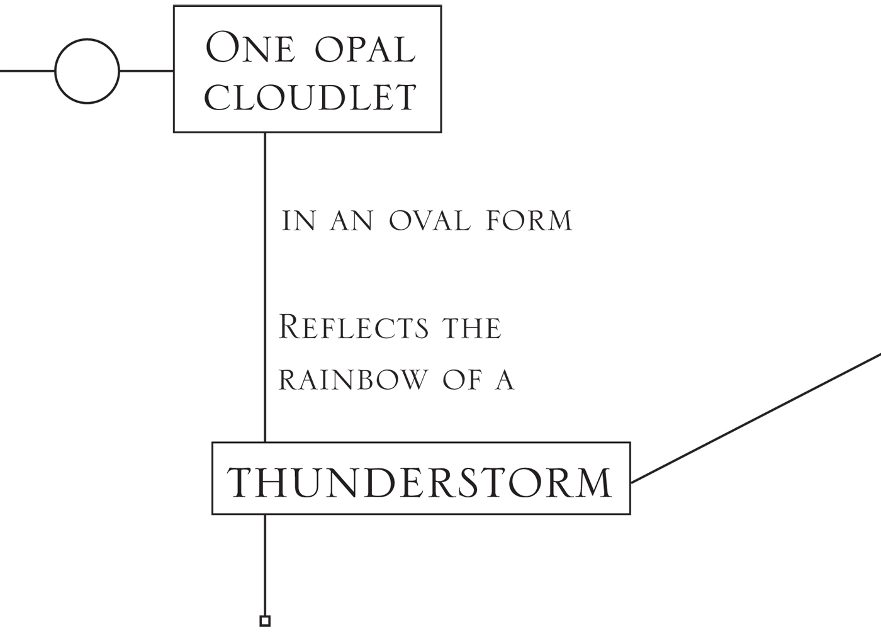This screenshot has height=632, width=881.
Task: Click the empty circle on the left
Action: [87, 71]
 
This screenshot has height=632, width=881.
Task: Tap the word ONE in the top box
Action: [250, 48]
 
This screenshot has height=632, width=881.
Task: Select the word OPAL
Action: [365, 49]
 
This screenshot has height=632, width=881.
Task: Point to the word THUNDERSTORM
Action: [419, 482]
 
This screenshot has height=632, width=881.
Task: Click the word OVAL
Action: [429, 221]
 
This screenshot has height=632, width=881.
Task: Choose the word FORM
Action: [529, 221]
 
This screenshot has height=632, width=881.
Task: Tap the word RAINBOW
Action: [353, 380]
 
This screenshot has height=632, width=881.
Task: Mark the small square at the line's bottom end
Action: [265, 621]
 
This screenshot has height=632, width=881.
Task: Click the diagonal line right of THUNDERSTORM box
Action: [755, 419]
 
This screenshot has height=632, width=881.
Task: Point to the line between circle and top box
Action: [146, 71]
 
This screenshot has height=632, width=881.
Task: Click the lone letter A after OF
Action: [505, 380]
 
